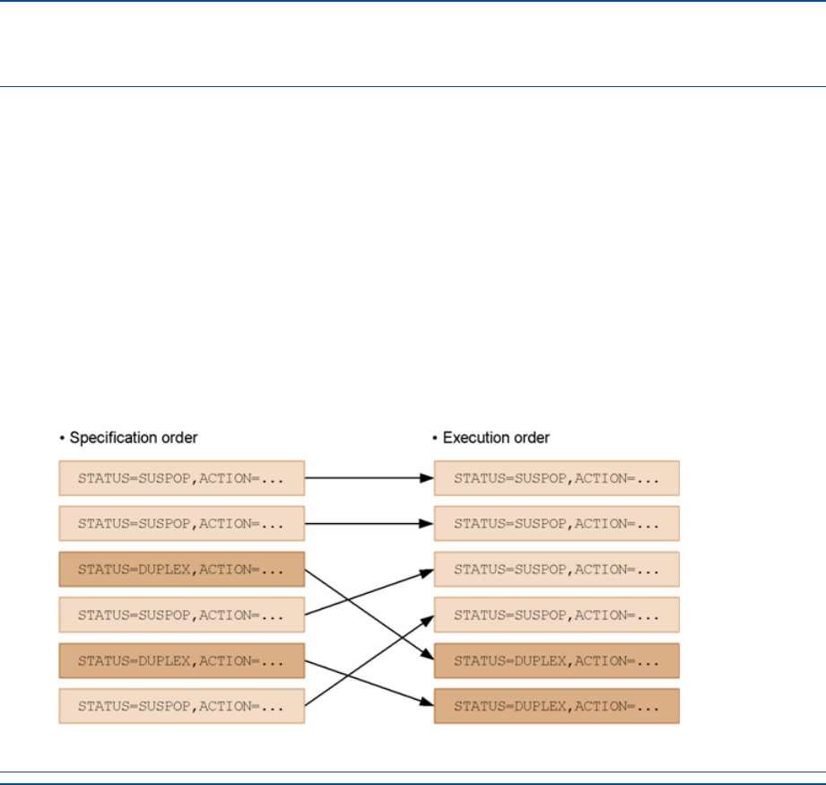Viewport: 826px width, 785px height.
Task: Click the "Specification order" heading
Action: pyautogui.click(x=134, y=438)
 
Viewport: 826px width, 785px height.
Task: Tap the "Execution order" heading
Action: pyautogui.click(x=496, y=438)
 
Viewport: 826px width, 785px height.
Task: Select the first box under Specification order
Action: pyautogui.click(x=182, y=478)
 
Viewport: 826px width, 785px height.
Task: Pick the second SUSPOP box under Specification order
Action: pyautogui.click(x=182, y=524)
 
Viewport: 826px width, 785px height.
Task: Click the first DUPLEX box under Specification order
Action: pyautogui.click(x=182, y=570)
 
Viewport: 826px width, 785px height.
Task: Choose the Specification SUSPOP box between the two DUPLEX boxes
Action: pyautogui.click(x=182, y=615)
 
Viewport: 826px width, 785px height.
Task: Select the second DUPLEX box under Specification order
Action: pyautogui.click(x=182, y=660)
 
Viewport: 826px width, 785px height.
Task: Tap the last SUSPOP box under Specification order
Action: pyautogui.click(x=182, y=706)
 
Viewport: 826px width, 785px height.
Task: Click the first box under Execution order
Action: pyautogui.click(x=557, y=478)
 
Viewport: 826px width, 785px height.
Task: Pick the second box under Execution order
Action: pyautogui.click(x=557, y=524)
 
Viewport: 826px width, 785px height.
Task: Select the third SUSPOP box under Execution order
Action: pyautogui.click(x=557, y=570)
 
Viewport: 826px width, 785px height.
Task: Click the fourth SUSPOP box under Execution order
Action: pyautogui.click(x=557, y=615)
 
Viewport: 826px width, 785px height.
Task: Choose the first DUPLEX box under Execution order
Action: pyautogui.click(x=557, y=660)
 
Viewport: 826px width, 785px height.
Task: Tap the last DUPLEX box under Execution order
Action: pyautogui.click(x=557, y=706)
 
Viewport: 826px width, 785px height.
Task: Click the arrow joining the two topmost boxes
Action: pyautogui.click(x=370, y=478)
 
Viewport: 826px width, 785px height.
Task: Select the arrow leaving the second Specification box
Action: pyautogui.click(x=370, y=524)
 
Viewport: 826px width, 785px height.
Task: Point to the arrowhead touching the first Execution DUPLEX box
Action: pyautogui.click(x=427, y=655)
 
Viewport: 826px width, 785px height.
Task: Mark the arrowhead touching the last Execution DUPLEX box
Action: pyautogui.click(x=427, y=702)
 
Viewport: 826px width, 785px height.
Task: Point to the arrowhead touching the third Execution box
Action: pyautogui.click(x=427, y=572)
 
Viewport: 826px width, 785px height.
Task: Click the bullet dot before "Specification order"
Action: pyautogui.click(x=62, y=439)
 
